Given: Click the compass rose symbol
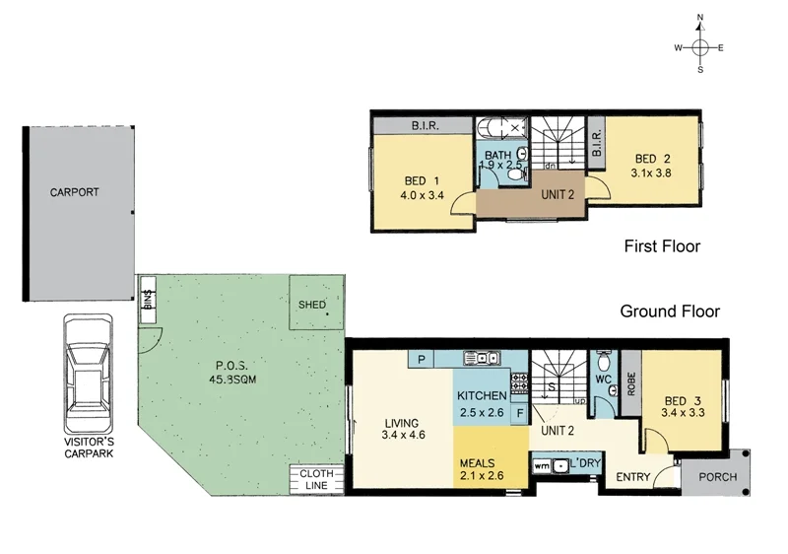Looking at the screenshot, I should [700, 46].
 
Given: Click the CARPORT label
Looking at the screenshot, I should [75, 192].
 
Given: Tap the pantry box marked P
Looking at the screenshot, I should [422, 360].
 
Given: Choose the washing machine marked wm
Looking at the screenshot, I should [541, 463].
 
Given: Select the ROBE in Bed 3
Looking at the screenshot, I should [630, 383].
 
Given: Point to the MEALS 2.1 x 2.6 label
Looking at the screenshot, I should [482, 469].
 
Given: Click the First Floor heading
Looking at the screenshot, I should [662, 246].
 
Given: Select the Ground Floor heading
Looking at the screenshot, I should [670, 312].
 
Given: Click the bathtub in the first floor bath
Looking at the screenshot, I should [503, 128].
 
